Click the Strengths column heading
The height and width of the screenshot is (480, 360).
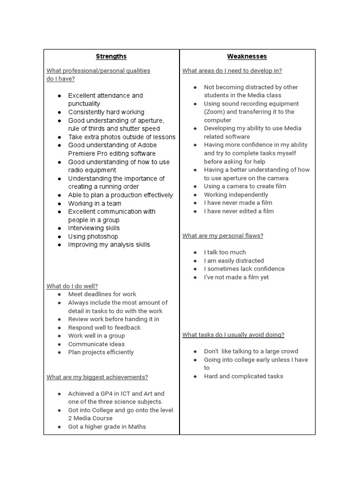pos(111,56)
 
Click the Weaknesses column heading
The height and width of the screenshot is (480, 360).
pos(247,56)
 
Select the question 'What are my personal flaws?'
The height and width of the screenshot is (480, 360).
pos(223,236)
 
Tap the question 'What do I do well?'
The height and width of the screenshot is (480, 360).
pos(72,286)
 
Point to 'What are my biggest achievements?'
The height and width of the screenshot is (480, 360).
pos(97,377)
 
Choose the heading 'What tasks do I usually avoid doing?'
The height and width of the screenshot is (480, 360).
pos(233,335)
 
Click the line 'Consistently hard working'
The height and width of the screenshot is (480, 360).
pos(106,112)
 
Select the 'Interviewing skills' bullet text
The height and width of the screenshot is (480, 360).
pos(94,228)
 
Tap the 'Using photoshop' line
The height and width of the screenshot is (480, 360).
pos(93,236)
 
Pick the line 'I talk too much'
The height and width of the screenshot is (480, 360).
pos(225,252)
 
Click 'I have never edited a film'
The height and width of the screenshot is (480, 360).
pos(239,211)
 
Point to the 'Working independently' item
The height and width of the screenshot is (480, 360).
pos(236,195)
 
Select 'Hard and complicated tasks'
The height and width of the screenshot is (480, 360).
pos(243,376)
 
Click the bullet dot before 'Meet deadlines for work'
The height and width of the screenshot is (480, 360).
pos(60,294)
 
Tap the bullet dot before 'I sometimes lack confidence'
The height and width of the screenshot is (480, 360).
pos(195,269)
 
